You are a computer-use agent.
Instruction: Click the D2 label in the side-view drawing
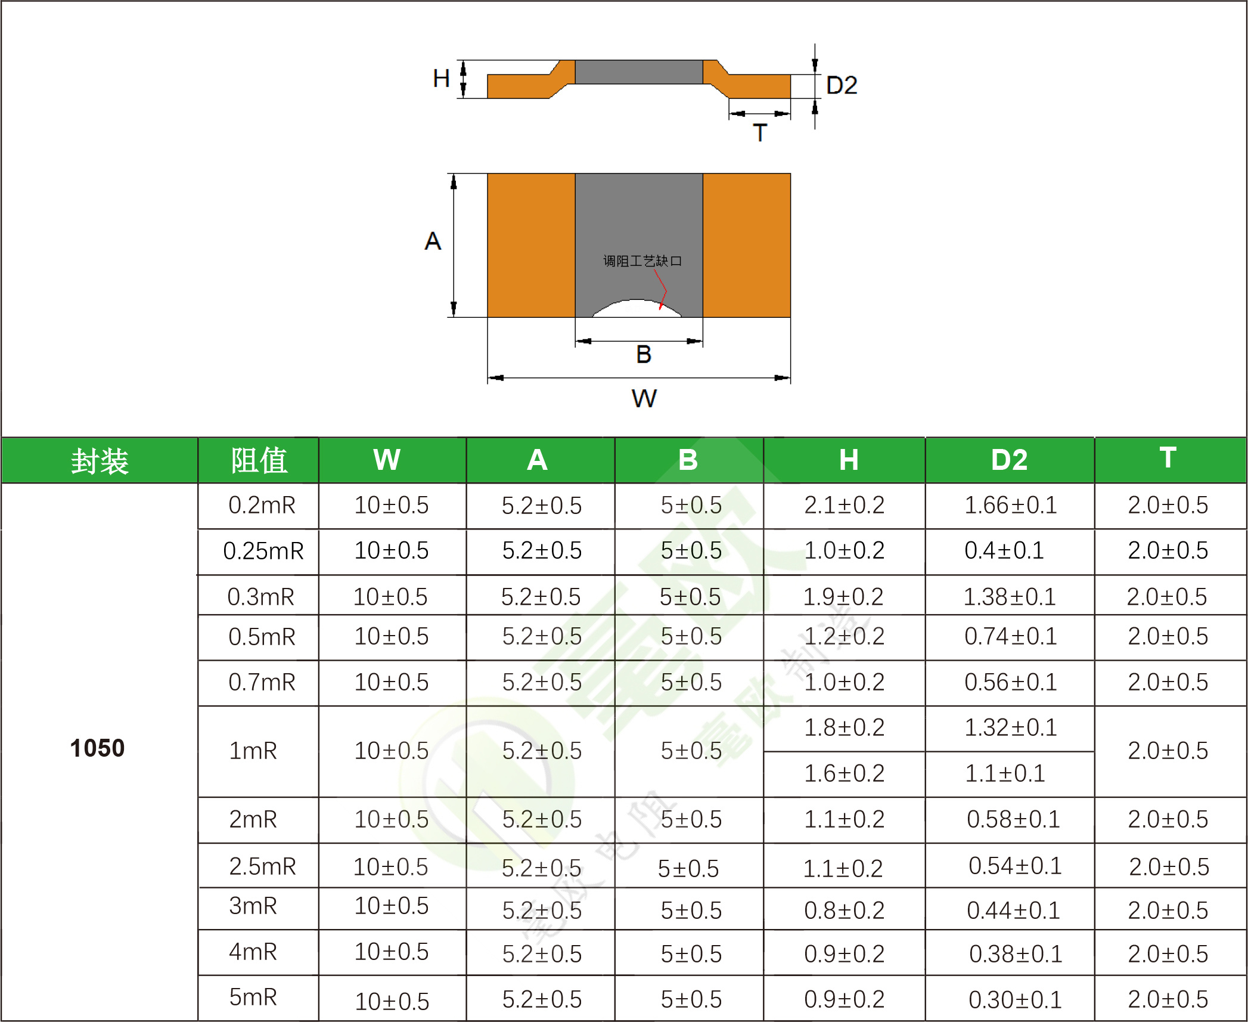tap(842, 85)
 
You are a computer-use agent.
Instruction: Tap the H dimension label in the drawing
tap(441, 78)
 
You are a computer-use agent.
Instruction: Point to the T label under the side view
tap(760, 132)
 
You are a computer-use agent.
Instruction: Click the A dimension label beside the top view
tap(433, 241)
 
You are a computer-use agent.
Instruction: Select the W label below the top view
tap(644, 398)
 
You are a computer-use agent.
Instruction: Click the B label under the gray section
tap(644, 354)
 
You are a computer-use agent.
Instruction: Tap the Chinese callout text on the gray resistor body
tap(642, 261)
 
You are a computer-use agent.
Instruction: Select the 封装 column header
tap(100, 461)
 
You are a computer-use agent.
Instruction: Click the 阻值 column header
tap(259, 460)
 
